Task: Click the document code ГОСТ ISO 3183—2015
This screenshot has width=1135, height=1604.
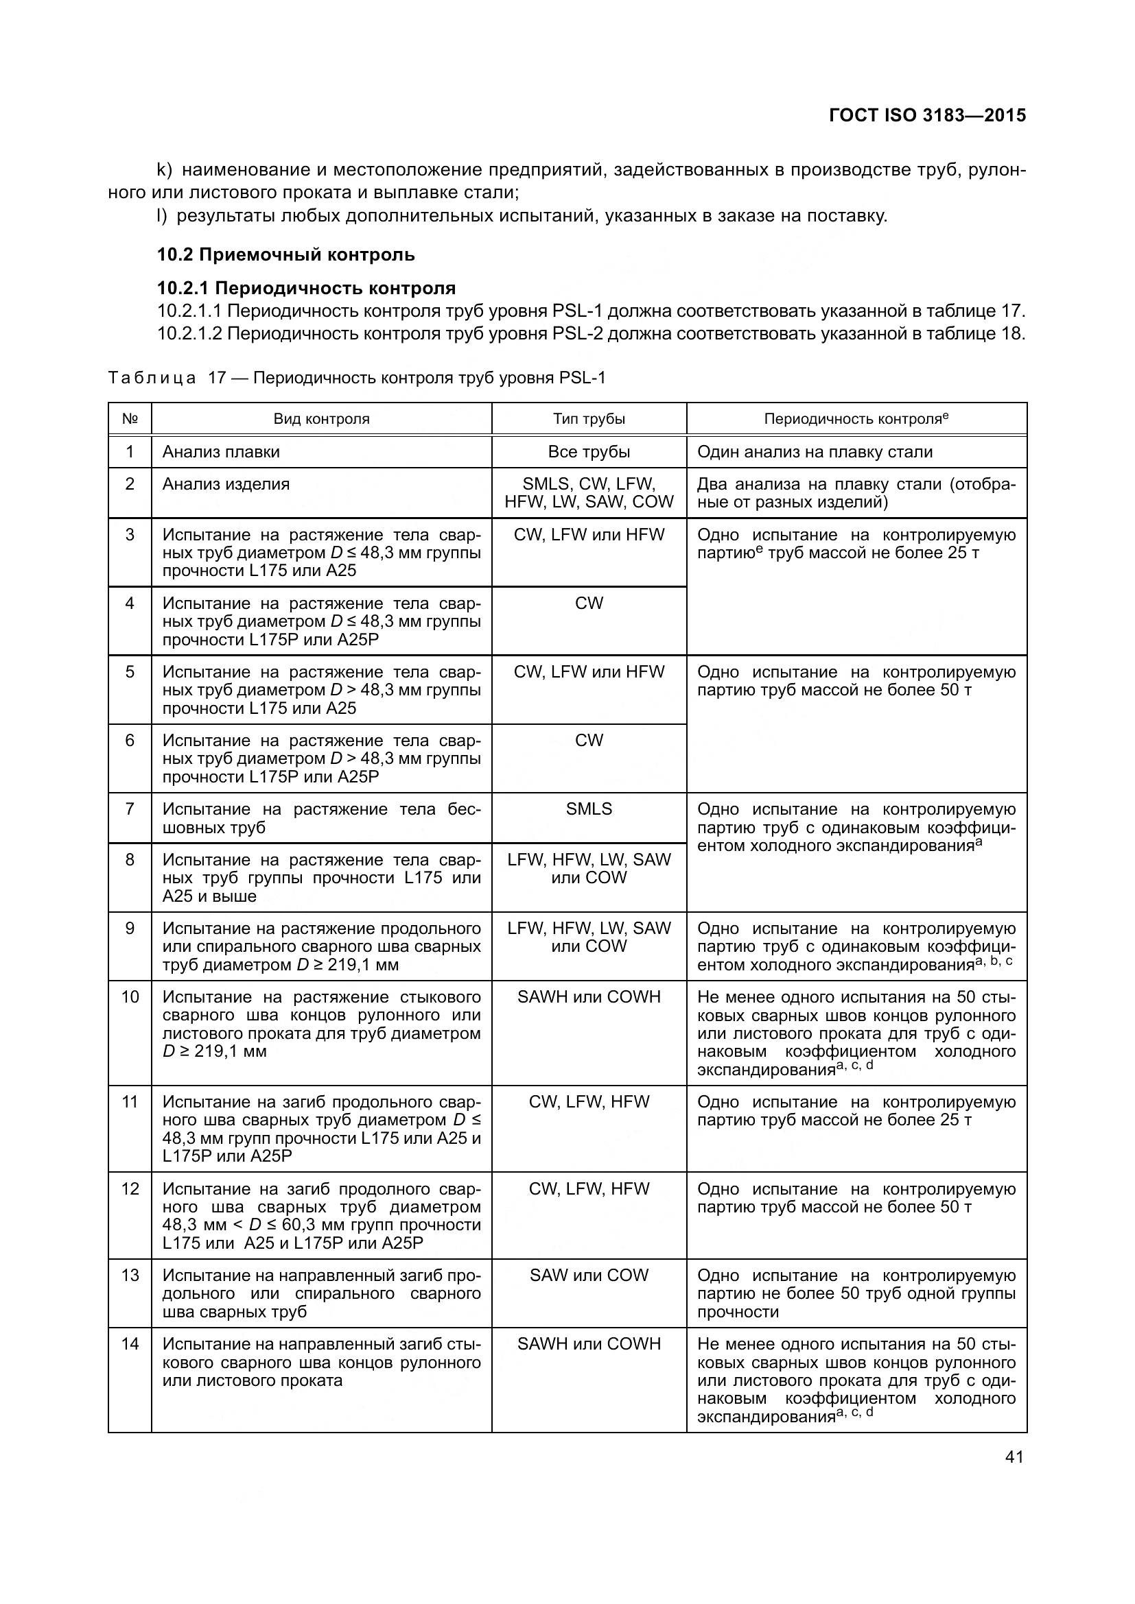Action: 928,115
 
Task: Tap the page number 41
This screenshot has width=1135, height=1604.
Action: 1014,1457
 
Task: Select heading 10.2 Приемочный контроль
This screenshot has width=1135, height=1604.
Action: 285,254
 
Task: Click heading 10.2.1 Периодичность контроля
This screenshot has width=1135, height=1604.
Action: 306,288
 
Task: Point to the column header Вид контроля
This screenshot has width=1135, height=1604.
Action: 320,419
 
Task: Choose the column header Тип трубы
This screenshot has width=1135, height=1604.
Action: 589,419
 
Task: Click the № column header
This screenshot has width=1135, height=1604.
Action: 130,419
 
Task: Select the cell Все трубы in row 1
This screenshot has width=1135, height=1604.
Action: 589,452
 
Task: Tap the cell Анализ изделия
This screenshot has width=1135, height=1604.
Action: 226,484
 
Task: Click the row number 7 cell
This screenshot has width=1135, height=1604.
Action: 130,809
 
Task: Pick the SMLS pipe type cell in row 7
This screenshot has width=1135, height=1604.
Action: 589,809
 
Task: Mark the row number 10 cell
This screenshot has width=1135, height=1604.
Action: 130,997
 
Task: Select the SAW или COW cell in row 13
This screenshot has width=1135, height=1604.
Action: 589,1275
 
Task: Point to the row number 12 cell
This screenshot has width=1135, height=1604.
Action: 130,1188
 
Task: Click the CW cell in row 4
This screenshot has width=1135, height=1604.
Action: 589,603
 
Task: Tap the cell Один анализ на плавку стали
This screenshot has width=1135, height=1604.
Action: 815,452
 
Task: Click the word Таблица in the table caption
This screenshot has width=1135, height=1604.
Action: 152,378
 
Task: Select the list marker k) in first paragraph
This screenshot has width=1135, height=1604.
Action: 164,170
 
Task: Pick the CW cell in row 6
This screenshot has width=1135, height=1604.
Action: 589,741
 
